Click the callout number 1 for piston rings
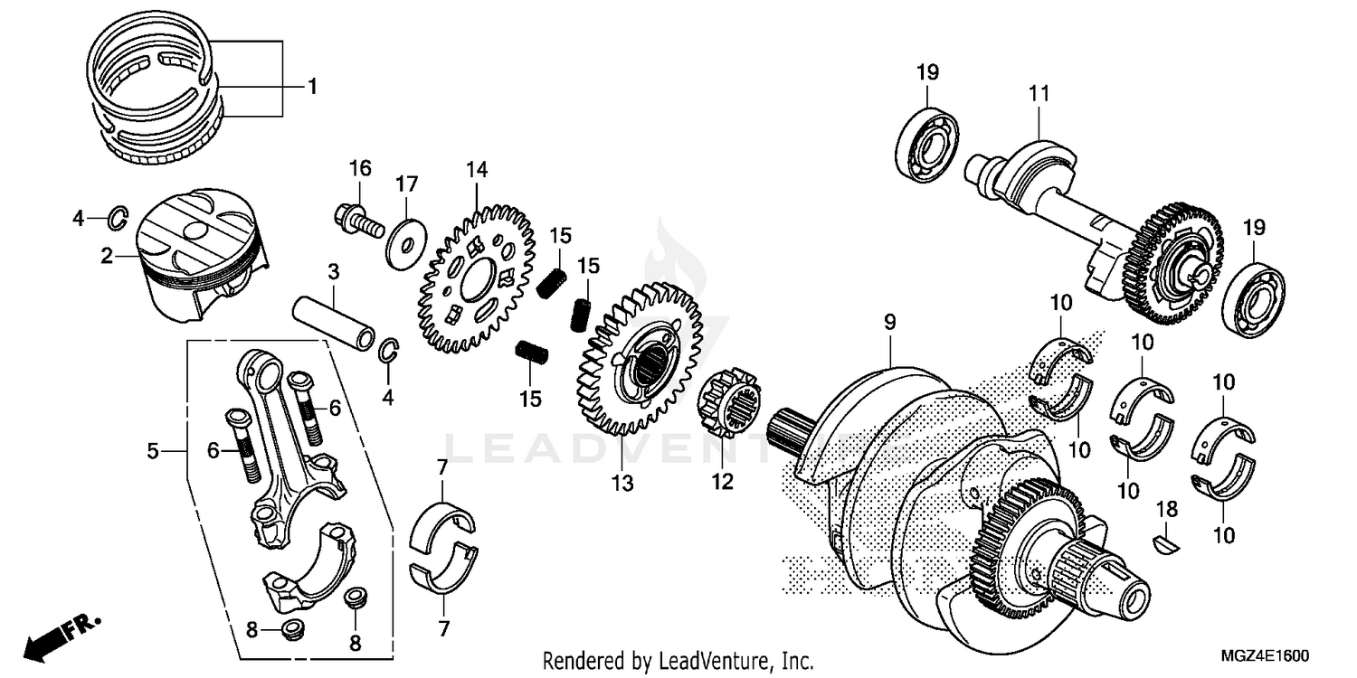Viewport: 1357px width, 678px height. (312, 87)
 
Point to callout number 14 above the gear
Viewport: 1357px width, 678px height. (477, 169)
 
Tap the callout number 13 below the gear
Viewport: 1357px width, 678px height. (622, 484)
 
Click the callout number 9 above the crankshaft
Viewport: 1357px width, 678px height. (889, 321)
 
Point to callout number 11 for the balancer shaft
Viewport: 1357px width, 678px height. (1037, 91)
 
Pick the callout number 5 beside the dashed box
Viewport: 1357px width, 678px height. (153, 449)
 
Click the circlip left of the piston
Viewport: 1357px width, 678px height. (119, 218)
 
